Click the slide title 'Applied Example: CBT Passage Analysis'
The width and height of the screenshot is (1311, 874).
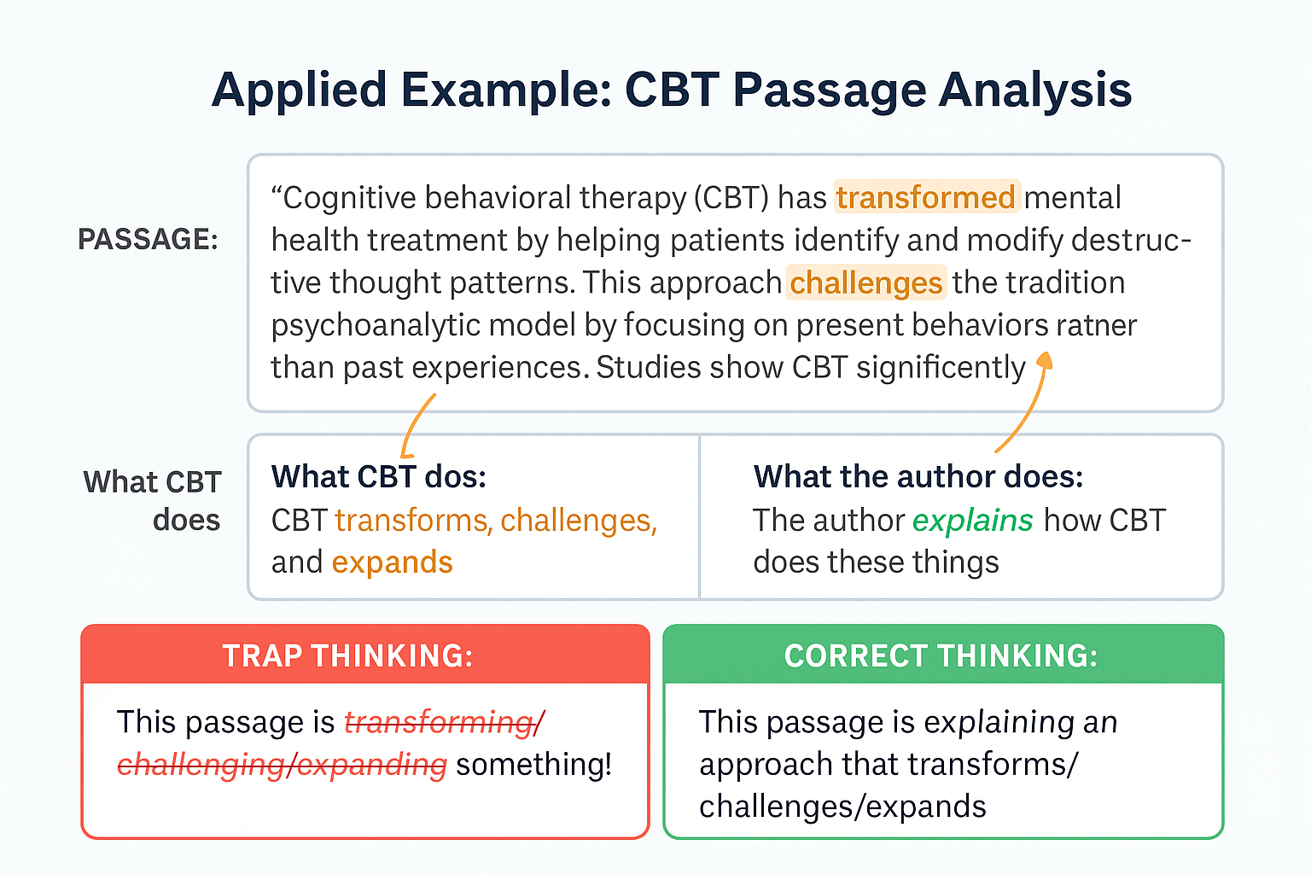(x=672, y=90)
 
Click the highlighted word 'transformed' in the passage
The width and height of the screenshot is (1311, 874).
(x=926, y=197)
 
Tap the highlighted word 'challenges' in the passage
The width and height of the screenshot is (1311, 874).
(x=865, y=283)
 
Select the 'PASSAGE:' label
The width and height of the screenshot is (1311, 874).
(x=148, y=240)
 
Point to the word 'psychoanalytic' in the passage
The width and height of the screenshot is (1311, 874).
(x=376, y=325)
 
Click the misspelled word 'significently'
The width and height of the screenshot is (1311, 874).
(x=941, y=368)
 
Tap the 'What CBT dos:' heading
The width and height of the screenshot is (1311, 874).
(x=379, y=476)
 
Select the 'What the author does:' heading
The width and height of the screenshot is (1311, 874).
(x=918, y=476)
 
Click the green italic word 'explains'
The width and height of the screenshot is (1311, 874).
(x=972, y=521)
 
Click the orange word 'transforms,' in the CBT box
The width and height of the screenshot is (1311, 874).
(x=412, y=521)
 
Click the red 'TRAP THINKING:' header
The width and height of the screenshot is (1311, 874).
(x=347, y=655)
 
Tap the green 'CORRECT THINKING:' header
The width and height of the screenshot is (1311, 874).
(x=941, y=655)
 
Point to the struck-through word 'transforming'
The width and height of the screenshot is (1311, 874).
(x=440, y=722)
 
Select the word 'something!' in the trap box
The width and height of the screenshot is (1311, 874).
(x=533, y=765)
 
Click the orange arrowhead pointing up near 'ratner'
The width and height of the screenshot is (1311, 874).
(x=1044, y=359)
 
